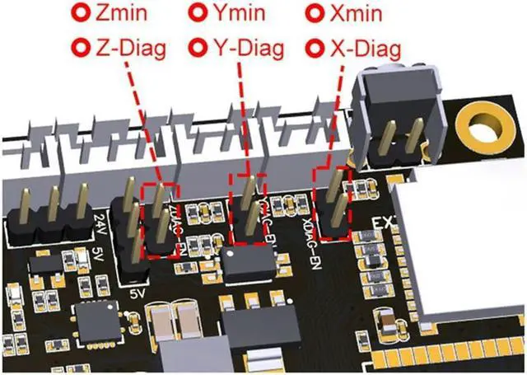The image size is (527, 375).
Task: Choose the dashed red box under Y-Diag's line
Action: click(248, 210)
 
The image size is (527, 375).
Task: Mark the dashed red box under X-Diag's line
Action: click(334, 204)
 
